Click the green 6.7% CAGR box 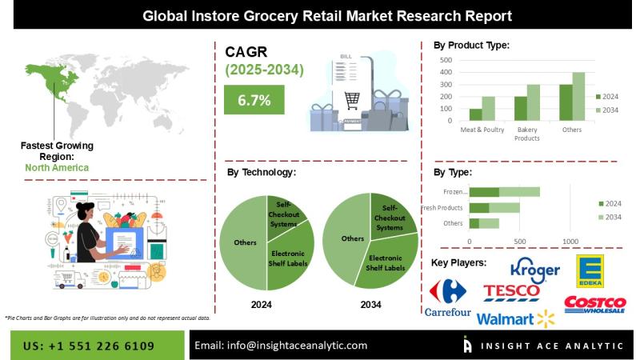(254, 101)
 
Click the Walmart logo (515, 319)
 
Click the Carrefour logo (447, 298)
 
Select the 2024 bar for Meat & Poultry (475, 114)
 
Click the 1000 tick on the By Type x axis (570, 241)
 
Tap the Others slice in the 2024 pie (245, 242)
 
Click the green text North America (57, 168)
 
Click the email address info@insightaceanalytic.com (281, 345)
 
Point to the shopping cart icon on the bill (353, 100)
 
